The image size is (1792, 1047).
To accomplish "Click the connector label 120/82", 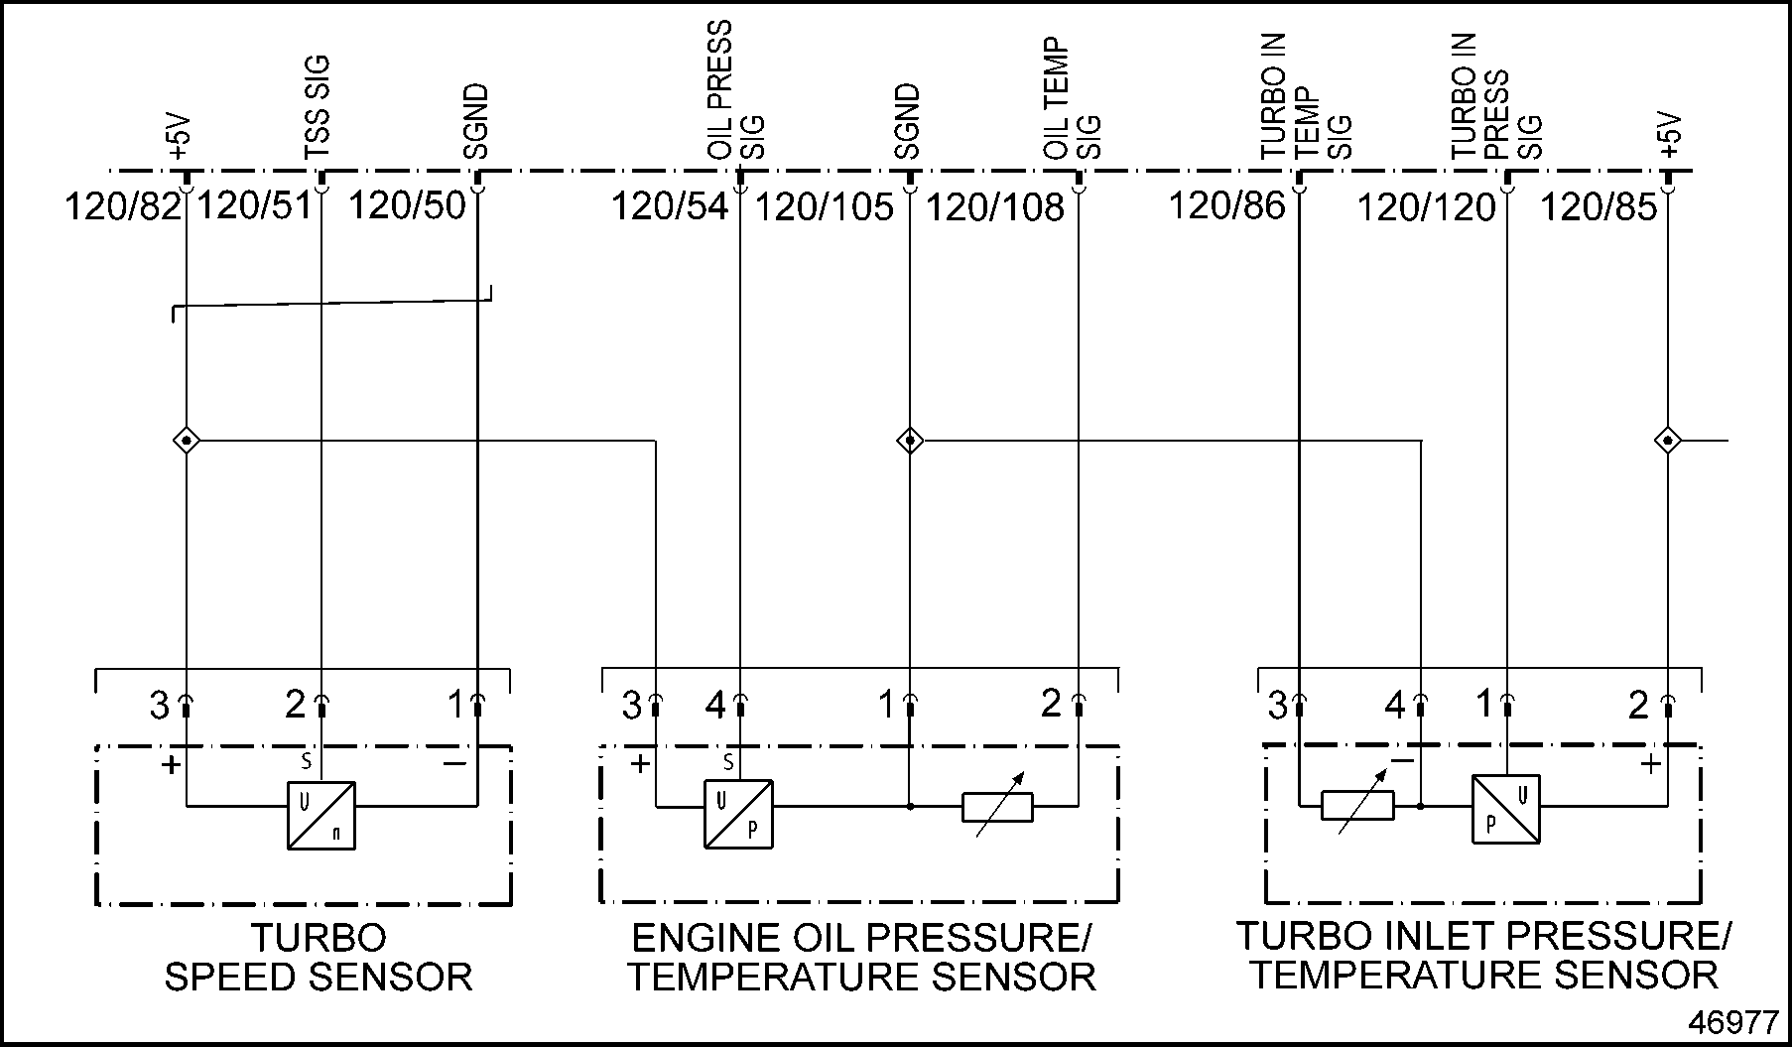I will tap(122, 207).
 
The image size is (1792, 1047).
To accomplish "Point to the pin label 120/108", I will tap(994, 207).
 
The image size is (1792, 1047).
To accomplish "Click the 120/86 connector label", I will tap(1225, 206).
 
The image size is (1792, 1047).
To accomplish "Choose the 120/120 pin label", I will tap(1425, 207).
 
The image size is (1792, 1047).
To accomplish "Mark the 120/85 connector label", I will tap(1598, 207).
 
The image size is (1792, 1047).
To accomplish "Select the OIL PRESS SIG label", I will tap(735, 91).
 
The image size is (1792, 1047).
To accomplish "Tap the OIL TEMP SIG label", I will tap(1073, 99).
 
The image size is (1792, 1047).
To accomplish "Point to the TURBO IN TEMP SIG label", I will tap(1306, 97).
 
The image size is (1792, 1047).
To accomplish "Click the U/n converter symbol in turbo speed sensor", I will tap(321, 815).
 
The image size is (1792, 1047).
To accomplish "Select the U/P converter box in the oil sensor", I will tap(738, 814).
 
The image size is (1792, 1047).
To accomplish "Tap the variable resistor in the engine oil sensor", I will tap(997, 808).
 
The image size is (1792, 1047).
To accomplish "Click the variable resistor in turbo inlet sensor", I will tap(1357, 805).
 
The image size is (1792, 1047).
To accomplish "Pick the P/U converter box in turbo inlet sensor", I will tap(1505, 809).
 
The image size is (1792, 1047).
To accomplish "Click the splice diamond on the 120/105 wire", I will tap(910, 440).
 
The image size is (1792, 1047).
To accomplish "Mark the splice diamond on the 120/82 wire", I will tap(187, 440).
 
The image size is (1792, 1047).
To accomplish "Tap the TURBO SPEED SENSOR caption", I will tap(319, 958).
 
